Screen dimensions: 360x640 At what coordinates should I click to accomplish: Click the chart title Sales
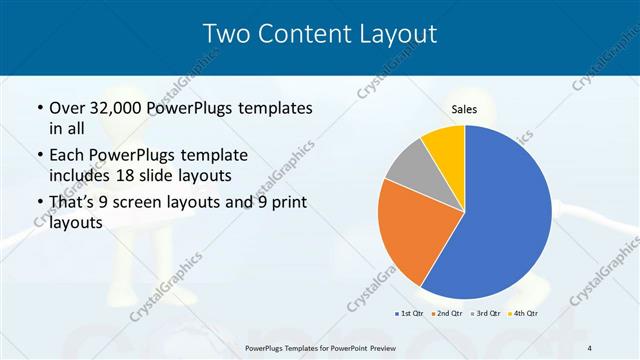pyautogui.click(x=464, y=110)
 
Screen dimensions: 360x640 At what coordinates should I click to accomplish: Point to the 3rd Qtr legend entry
pyautogui.click(x=487, y=314)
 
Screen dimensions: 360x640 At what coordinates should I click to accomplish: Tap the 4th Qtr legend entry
pyautogui.click(x=525, y=314)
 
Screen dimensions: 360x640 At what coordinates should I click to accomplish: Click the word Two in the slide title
pyautogui.click(x=225, y=34)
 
